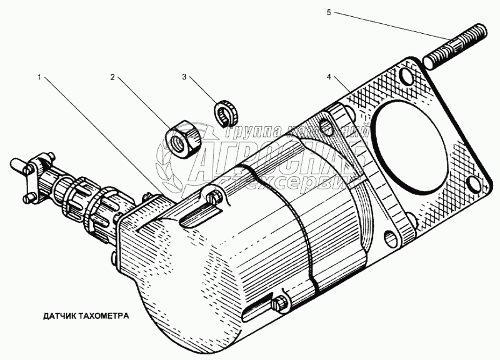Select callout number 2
point(112,77)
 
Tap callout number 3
point(184,77)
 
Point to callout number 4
point(328,77)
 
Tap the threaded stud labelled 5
point(454,51)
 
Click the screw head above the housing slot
point(214,199)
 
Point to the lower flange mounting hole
point(392,237)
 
